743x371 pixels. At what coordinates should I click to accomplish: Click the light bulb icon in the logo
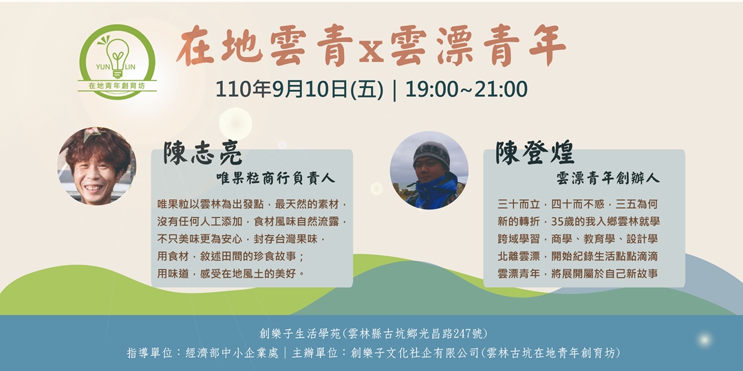(118, 55)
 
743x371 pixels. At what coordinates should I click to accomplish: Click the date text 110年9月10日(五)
(299, 89)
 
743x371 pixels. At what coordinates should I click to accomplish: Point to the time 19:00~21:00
(466, 89)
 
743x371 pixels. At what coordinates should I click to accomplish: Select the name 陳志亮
(203, 153)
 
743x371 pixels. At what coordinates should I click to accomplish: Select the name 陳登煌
(535, 153)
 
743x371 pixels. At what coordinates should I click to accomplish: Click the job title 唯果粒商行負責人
(275, 178)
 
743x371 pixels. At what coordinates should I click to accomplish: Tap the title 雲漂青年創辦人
(607, 178)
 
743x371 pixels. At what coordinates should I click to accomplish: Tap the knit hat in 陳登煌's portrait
(431, 153)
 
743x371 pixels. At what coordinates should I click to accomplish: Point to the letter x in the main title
(371, 52)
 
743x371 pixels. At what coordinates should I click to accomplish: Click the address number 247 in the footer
(460, 335)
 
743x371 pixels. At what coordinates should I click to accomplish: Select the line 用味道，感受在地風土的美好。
(232, 273)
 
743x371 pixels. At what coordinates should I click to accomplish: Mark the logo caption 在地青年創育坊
(118, 87)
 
